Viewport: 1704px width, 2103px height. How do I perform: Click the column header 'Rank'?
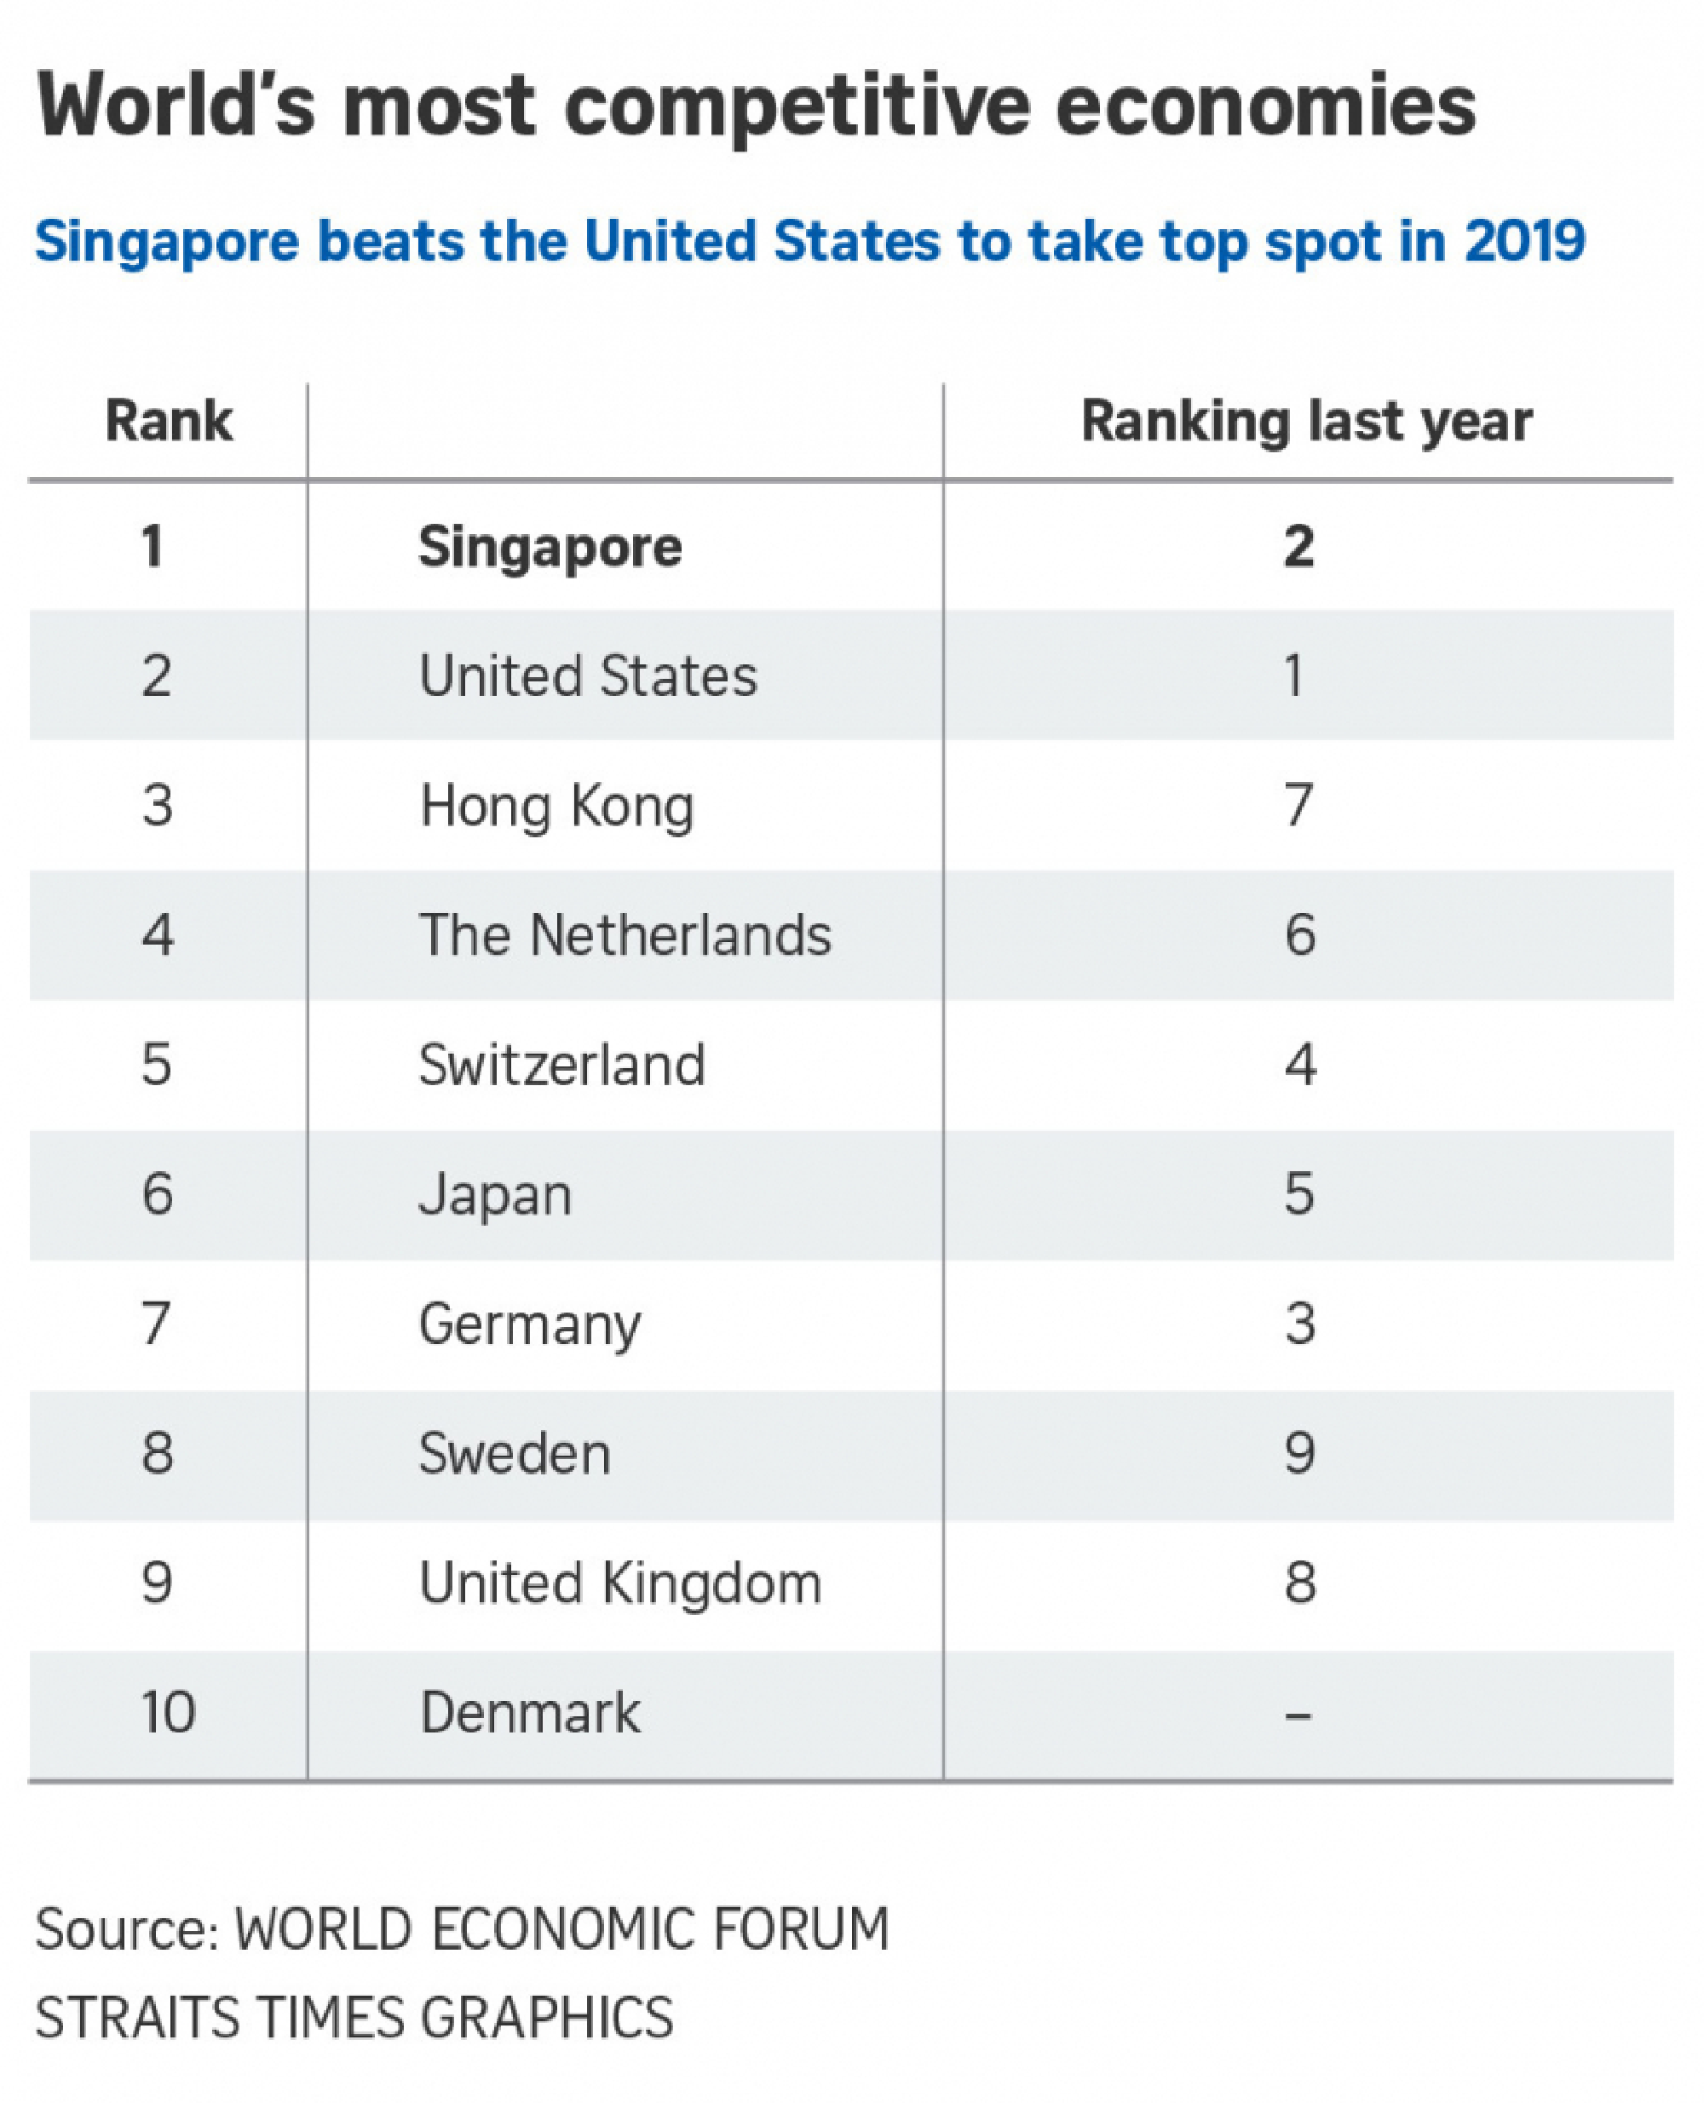click(x=169, y=422)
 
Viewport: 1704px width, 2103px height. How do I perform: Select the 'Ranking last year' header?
click(x=1305, y=422)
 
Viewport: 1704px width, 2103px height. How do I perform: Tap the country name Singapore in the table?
click(x=550, y=547)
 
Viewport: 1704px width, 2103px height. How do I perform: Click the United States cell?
click(x=588, y=676)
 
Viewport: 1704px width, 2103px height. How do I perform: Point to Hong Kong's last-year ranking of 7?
click(x=1298, y=806)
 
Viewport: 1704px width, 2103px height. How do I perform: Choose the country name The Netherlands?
click(x=625, y=935)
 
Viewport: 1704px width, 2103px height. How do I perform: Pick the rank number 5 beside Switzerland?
click(x=157, y=1065)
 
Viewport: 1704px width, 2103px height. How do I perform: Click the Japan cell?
click(x=495, y=1195)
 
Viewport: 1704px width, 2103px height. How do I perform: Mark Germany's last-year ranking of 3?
click(x=1299, y=1324)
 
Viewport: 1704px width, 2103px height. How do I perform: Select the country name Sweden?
click(x=515, y=1453)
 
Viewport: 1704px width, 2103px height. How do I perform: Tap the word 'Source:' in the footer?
click(x=127, y=1928)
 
